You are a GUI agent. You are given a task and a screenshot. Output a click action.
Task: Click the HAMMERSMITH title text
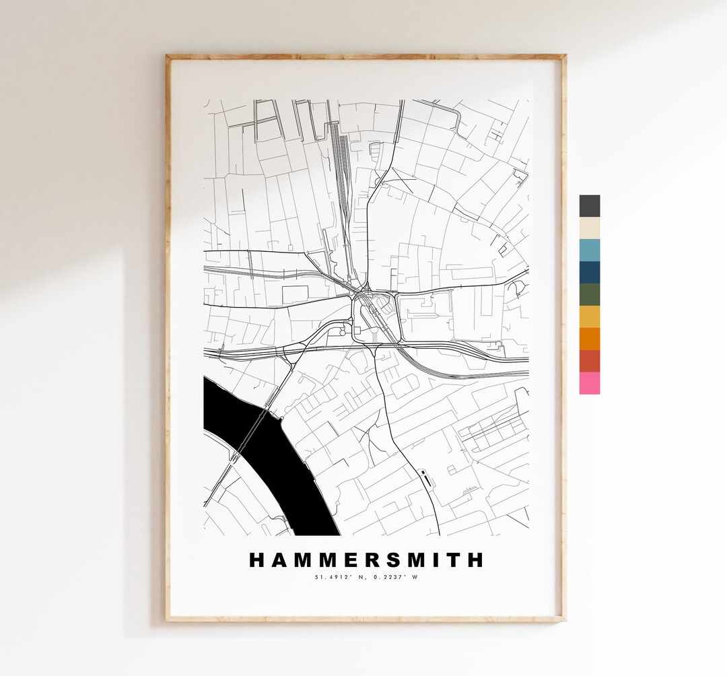click(x=366, y=560)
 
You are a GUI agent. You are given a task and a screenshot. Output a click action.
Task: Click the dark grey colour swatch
click(x=590, y=206)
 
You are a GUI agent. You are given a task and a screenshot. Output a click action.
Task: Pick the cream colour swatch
click(x=590, y=228)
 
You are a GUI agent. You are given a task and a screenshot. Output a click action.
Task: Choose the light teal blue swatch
click(x=590, y=250)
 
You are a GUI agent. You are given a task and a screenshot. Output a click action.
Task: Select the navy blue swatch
click(x=590, y=272)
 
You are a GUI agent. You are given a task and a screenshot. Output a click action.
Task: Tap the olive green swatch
click(x=590, y=294)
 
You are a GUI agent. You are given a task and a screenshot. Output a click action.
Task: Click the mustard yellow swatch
click(x=590, y=316)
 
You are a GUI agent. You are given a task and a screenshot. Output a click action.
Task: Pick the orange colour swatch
click(x=590, y=339)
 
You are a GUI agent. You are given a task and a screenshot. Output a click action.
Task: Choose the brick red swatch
click(x=590, y=361)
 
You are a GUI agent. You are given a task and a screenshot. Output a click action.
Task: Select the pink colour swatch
click(x=590, y=383)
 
